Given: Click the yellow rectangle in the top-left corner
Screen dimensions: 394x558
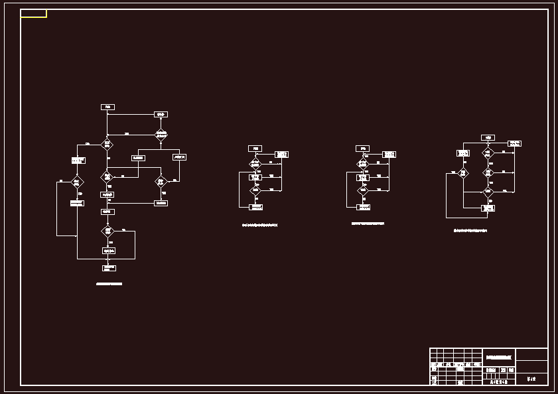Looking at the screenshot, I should click(x=33, y=13).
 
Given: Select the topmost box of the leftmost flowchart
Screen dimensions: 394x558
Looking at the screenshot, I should click(x=107, y=107).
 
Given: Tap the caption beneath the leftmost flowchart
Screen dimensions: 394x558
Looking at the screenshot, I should click(x=109, y=283).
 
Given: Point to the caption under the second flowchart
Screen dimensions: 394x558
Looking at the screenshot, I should click(x=259, y=226).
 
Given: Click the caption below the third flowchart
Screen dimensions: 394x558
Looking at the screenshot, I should click(x=368, y=224).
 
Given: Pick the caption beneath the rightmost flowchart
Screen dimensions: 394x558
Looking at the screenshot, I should click(x=470, y=230).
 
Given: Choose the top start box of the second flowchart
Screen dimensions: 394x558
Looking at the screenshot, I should click(x=255, y=148).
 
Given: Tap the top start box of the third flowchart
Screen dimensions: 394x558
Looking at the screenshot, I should click(x=362, y=148).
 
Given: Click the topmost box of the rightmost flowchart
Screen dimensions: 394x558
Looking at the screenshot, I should click(x=488, y=138).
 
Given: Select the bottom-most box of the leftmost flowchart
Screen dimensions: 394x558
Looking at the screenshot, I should click(x=109, y=268).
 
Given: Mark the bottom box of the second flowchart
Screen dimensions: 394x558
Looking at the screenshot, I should click(x=255, y=207).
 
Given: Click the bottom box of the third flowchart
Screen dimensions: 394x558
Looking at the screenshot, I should click(x=363, y=207).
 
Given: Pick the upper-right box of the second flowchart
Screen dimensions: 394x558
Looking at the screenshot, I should click(x=281, y=155).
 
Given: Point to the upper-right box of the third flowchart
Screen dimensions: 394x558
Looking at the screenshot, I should click(x=389, y=155).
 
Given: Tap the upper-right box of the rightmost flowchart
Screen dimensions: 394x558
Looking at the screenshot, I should click(x=514, y=143).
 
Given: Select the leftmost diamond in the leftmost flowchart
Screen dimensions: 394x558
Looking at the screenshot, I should click(x=77, y=182).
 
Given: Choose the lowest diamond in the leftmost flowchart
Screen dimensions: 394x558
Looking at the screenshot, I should click(x=107, y=231).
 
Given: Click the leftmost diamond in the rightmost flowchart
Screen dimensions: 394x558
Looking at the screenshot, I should click(x=463, y=173).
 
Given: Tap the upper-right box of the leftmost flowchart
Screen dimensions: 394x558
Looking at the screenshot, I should click(x=161, y=114).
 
